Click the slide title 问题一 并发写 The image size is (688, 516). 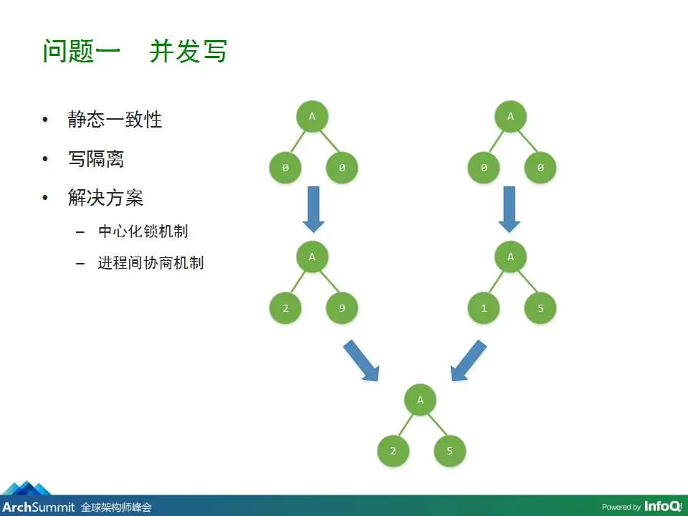coord(135,52)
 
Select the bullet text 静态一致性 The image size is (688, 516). coord(115,119)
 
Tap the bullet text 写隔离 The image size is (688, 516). coord(96,158)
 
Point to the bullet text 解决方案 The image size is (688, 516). coord(105,198)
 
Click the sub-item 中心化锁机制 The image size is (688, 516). coord(143,231)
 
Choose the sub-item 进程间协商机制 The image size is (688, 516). coord(150,262)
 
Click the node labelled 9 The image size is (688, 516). coord(341,309)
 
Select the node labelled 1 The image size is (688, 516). coord(484,309)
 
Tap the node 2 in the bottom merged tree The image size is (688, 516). coord(393,451)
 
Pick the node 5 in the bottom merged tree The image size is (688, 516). coord(449,451)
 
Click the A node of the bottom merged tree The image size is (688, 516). coord(421,400)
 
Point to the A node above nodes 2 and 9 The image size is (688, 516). coord(312,257)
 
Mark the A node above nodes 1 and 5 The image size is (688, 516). coord(511,257)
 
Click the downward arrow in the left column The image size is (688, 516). coord(313,209)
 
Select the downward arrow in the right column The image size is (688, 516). coord(510,209)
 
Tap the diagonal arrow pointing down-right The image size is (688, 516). coord(362,361)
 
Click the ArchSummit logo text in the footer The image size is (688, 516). coord(37,507)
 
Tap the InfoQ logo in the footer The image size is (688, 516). coord(663,506)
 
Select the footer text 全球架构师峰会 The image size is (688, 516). coord(116,507)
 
